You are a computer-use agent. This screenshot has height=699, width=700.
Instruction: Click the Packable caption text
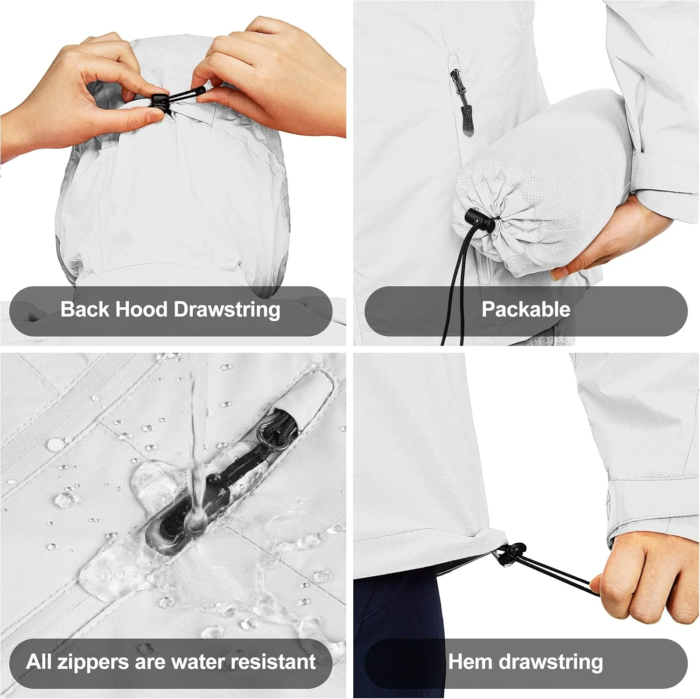coord(526,309)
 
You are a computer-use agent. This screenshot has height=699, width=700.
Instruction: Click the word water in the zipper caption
coord(199,662)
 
